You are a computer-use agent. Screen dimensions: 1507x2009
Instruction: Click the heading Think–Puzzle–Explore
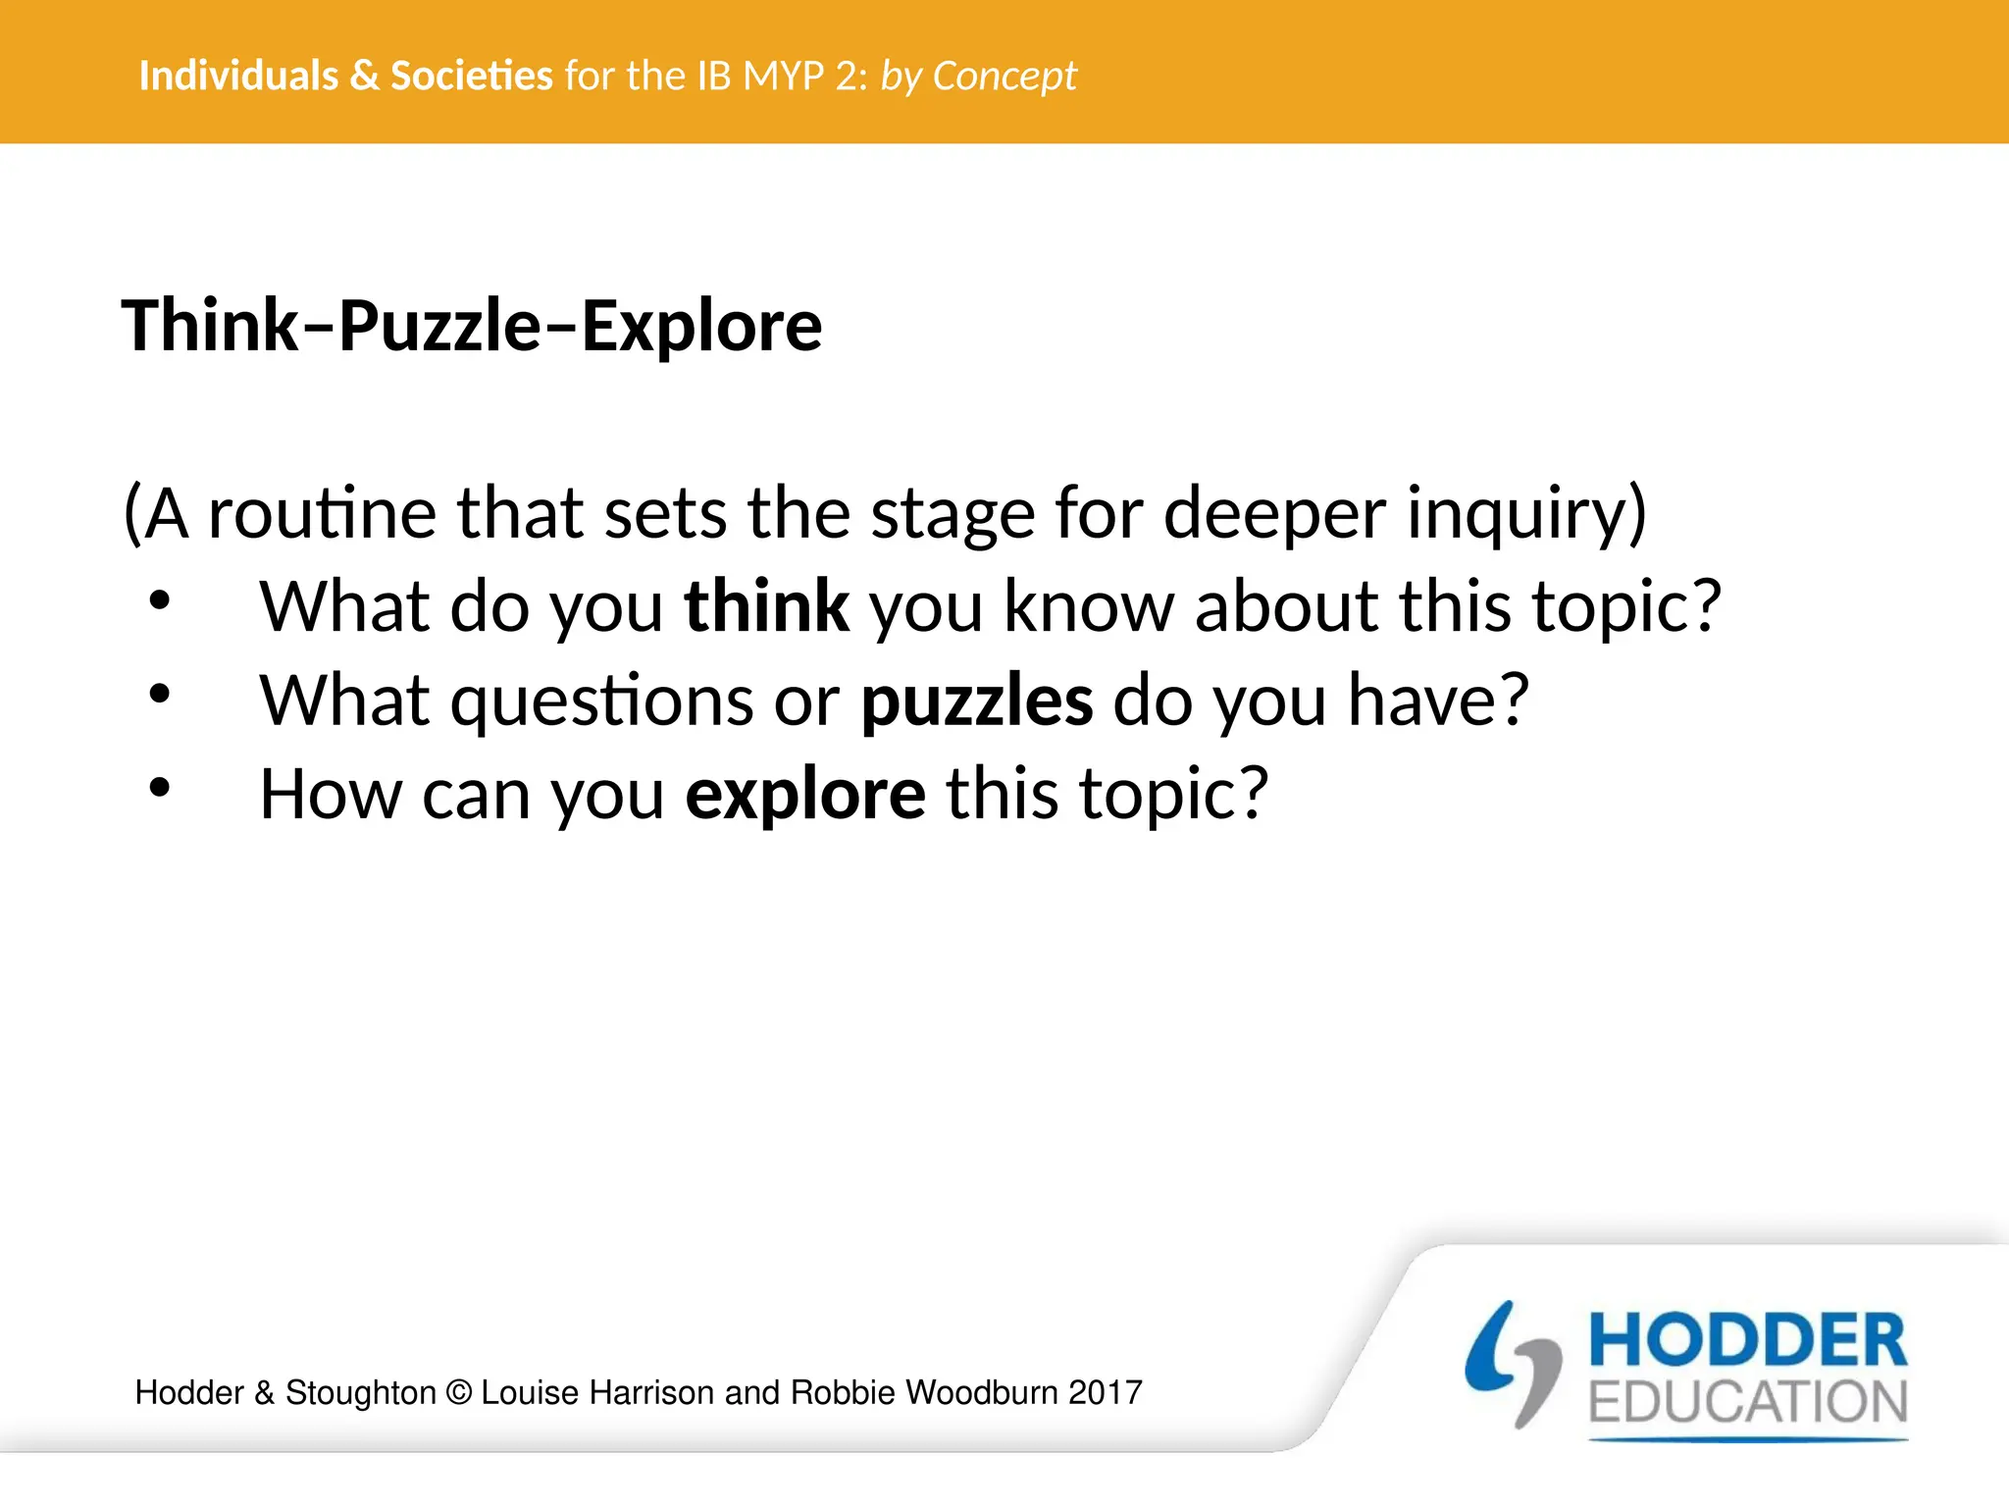472,326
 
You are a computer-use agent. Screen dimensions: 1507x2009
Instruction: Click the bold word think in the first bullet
766,606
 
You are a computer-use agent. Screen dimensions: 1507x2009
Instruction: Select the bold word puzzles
976,701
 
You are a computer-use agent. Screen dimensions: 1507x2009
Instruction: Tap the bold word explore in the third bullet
804,794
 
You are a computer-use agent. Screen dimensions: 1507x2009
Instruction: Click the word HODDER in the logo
1747,1341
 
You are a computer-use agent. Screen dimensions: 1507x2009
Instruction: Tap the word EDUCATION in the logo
1747,1403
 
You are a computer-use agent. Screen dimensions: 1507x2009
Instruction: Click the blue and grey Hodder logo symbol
1513,1364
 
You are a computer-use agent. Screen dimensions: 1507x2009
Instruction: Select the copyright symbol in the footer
458,1393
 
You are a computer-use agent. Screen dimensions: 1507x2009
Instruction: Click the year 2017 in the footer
1106,1393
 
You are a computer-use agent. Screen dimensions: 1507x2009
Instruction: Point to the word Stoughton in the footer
360,1393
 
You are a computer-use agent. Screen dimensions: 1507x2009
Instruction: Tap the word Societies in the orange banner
472,76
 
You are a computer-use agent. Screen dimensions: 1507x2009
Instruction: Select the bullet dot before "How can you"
160,788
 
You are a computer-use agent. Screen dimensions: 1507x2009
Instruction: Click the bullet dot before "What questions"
160,695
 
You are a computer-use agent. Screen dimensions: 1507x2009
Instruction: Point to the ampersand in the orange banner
364,76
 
